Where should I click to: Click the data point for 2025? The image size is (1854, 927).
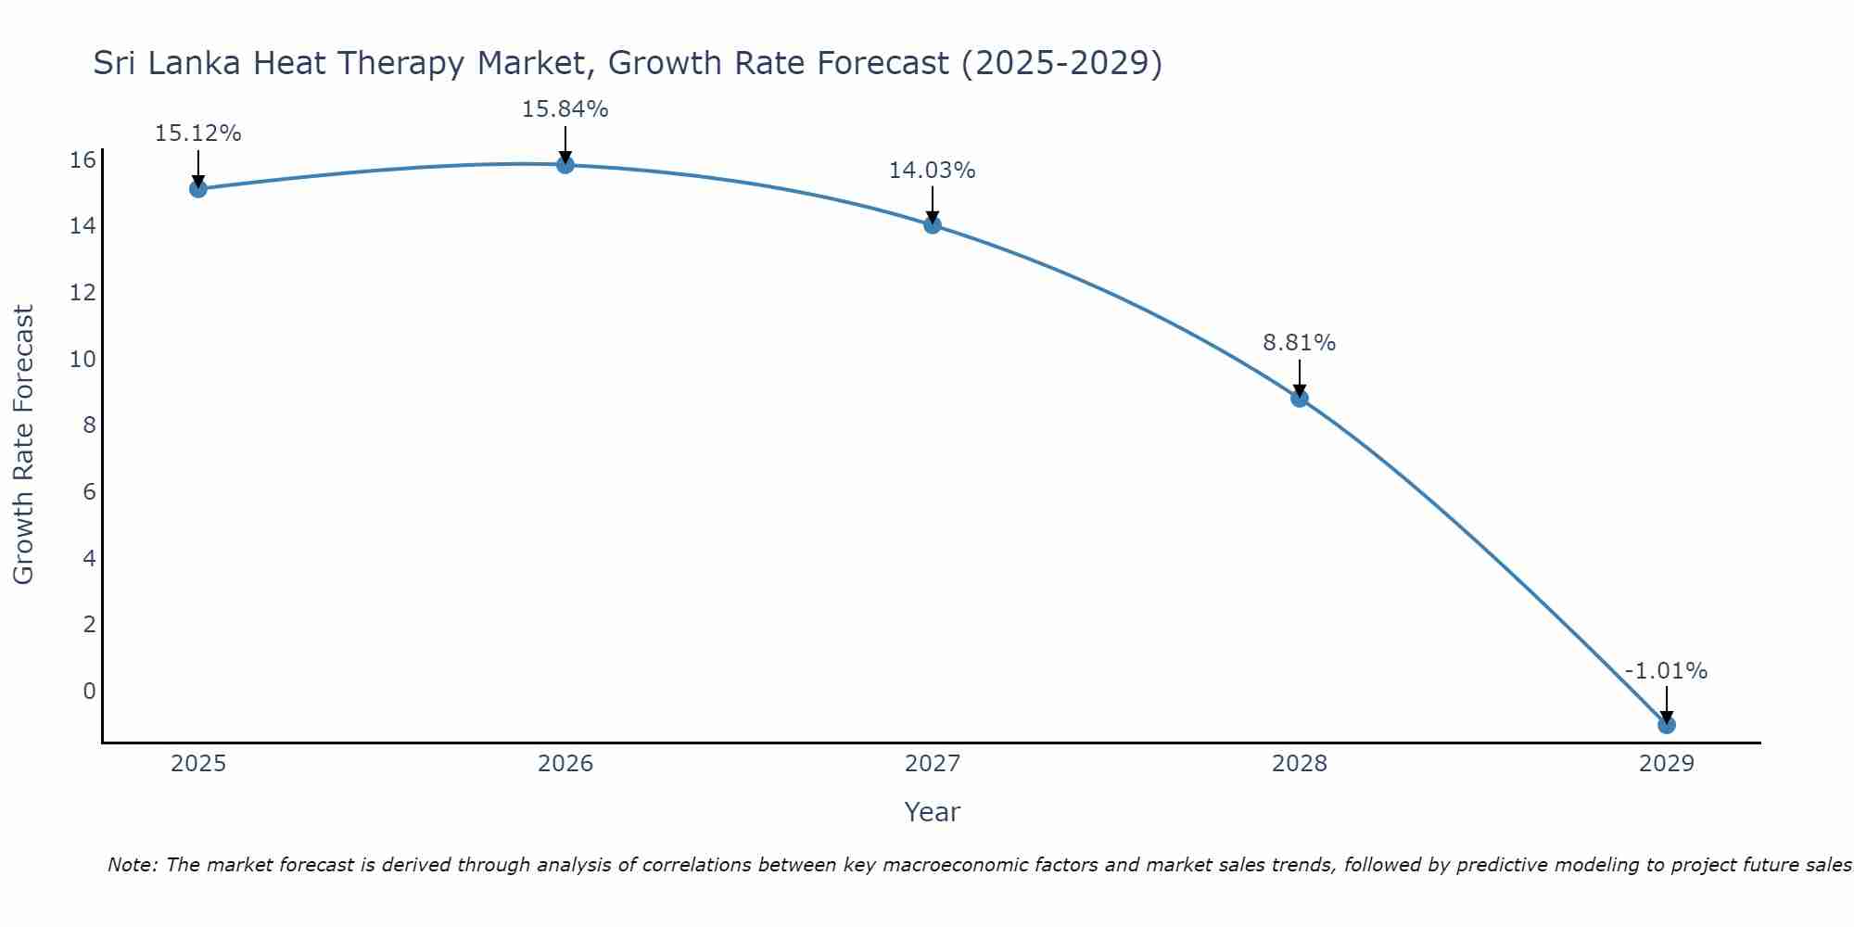tap(197, 189)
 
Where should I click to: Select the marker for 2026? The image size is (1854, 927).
tap(565, 165)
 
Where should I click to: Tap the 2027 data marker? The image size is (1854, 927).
tap(933, 225)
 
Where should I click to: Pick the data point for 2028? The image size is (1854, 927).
tap(1300, 399)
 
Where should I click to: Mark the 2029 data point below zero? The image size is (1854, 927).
tap(1667, 725)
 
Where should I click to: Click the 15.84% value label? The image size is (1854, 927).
tap(565, 109)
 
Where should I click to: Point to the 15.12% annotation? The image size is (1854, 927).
tap(197, 133)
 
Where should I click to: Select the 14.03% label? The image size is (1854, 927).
tap(932, 171)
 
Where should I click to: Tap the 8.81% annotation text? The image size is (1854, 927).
tap(1299, 343)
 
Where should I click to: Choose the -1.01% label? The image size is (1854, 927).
tap(1666, 671)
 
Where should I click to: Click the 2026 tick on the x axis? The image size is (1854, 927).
tap(565, 764)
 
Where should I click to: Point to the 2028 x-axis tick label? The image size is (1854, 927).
tap(1300, 764)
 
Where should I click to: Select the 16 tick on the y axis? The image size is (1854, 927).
tap(83, 160)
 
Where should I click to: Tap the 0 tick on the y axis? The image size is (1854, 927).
tap(89, 691)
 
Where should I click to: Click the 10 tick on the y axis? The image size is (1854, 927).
tap(83, 359)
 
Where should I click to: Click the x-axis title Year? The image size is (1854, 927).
tap(932, 812)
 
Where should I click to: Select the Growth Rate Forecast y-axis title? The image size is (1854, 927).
tap(23, 444)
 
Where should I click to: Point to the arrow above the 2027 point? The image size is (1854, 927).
tap(933, 204)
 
